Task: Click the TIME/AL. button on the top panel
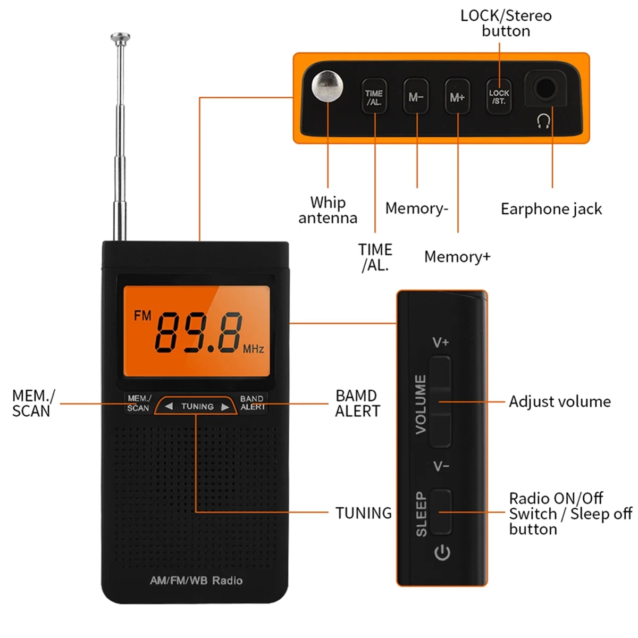[374, 97]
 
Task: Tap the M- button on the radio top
[416, 97]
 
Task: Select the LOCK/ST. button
[499, 97]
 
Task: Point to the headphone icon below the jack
[543, 122]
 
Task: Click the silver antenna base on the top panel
[327, 86]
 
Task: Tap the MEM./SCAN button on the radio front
[139, 403]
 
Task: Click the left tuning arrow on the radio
[169, 407]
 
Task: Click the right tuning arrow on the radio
[225, 407]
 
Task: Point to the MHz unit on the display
[253, 349]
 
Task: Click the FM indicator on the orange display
[142, 316]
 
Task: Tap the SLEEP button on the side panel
[441, 511]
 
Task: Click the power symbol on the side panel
[442, 553]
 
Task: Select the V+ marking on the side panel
[441, 342]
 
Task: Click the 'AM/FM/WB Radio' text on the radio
[196, 581]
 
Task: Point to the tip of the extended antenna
[120, 37]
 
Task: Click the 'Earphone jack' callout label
[551, 209]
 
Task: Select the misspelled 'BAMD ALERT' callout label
[357, 404]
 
